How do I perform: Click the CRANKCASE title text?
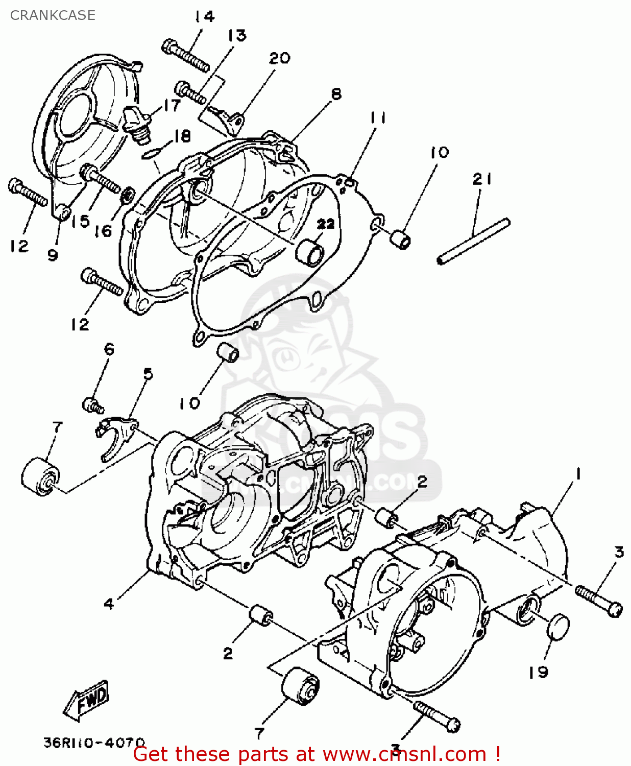tap(53, 15)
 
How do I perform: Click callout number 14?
tap(204, 17)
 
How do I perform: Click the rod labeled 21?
tap(473, 241)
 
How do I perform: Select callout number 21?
tap(482, 179)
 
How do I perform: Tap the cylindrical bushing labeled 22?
tap(311, 252)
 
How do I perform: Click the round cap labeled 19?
tap(557, 627)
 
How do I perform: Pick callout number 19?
tap(538, 672)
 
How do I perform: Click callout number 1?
tap(578, 474)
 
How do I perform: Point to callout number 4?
tap(109, 604)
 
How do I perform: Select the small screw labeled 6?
tap(92, 405)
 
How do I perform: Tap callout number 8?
tap(336, 94)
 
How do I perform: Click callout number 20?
tap(279, 58)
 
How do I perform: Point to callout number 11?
tap(378, 118)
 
